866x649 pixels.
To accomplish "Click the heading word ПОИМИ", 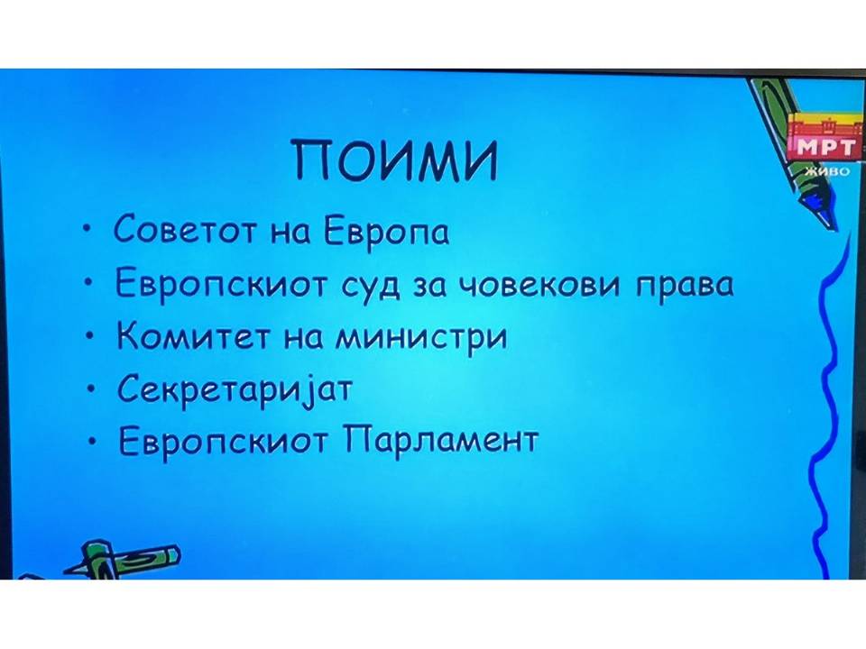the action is pyautogui.click(x=395, y=160).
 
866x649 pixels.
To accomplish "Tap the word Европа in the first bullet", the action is pyautogui.click(x=386, y=232).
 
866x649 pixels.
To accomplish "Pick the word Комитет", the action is pyautogui.click(x=194, y=335).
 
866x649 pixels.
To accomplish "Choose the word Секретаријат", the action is pyautogui.click(x=235, y=388).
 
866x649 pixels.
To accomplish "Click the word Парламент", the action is pyautogui.click(x=440, y=440).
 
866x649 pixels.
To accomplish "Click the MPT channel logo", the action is pyautogui.click(x=825, y=136).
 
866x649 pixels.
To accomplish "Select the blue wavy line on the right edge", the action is pyautogui.click(x=827, y=408).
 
